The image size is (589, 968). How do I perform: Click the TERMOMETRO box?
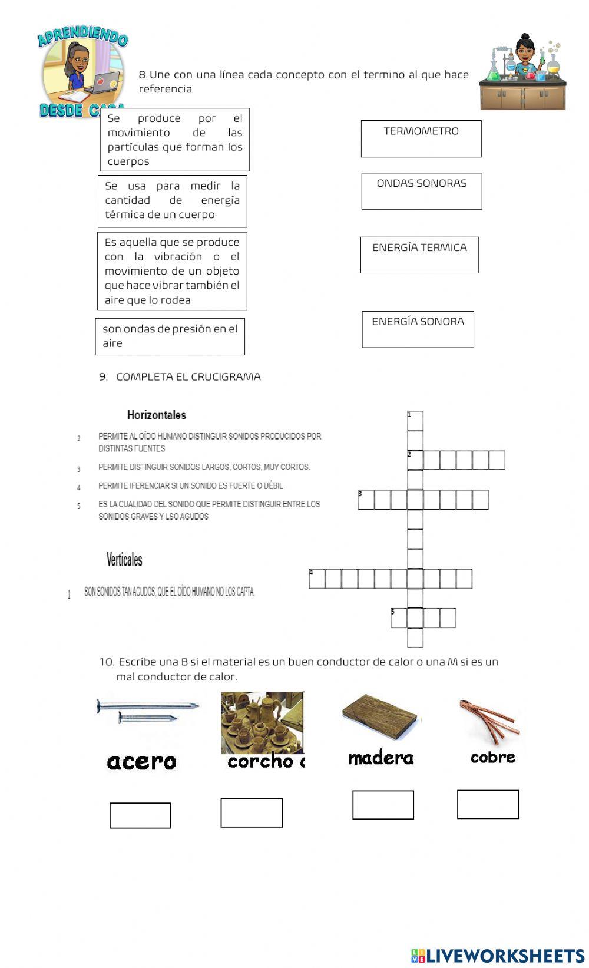(x=421, y=139)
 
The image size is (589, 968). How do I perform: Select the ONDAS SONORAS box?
(x=422, y=191)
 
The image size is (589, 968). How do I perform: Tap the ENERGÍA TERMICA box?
(x=419, y=255)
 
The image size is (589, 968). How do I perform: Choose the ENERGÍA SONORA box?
(x=418, y=329)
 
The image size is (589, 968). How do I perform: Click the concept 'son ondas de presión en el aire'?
(x=170, y=336)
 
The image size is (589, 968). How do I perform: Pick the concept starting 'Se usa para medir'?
(x=172, y=201)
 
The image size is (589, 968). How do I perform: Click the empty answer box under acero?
(x=140, y=815)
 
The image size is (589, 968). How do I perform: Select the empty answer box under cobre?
(x=488, y=804)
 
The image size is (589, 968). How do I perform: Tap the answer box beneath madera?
(x=383, y=805)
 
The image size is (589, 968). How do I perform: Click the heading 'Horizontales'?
(x=157, y=415)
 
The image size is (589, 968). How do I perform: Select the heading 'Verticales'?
(x=124, y=559)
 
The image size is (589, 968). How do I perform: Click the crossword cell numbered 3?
(x=366, y=500)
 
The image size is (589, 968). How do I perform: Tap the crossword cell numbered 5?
(x=398, y=618)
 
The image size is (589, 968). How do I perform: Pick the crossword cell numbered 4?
(x=317, y=579)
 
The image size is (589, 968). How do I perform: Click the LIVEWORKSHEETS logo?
(x=498, y=956)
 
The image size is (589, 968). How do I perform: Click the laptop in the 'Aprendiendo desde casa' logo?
(x=106, y=82)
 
